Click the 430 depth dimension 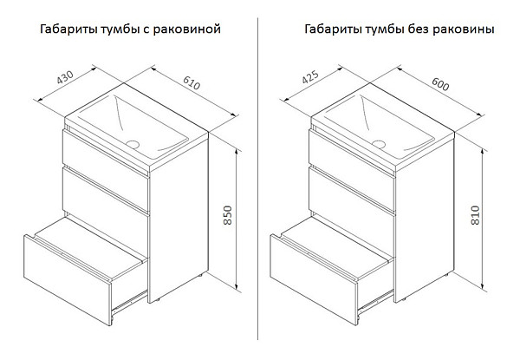click(65, 78)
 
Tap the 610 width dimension click(192, 83)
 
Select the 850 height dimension click(227, 215)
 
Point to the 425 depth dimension click(310, 77)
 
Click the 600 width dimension click(440, 84)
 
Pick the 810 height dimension click(475, 215)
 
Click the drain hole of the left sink click(133, 144)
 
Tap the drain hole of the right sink click(379, 144)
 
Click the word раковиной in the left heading click(187, 29)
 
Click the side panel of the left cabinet click(179, 220)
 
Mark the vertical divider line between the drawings click(257, 179)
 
